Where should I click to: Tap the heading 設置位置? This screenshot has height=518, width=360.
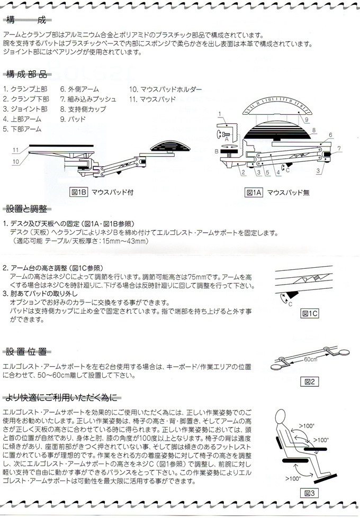pyautogui.click(x=26, y=351)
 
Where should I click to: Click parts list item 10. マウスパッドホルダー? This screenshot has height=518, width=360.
pyautogui.click(x=165, y=89)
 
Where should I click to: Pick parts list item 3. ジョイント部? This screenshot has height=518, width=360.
pyautogui.click(x=25, y=109)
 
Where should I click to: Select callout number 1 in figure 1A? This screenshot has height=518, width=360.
pyautogui.click(x=219, y=114)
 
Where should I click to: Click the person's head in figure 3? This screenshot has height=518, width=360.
pyautogui.click(x=282, y=419)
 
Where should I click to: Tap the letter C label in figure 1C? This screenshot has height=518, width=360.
pyautogui.click(x=290, y=304)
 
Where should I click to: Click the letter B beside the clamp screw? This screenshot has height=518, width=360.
pyautogui.click(x=217, y=150)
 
